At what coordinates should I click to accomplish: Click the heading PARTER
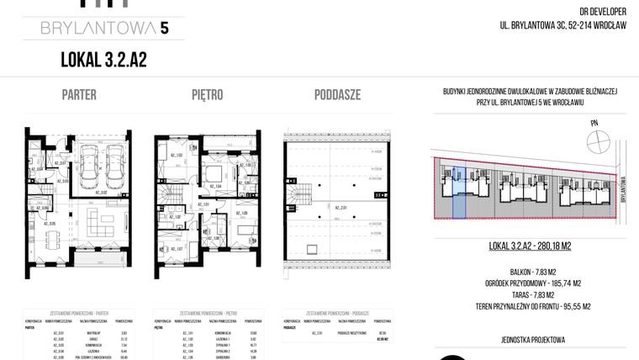(x=79, y=95)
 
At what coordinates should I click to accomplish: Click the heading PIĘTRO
(x=207, y=95)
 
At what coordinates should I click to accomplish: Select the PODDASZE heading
(x=337, y=95)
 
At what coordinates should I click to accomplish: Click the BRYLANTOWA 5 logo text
(x=104, y=29)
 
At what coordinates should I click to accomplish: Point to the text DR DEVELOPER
(x=604, y=12)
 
